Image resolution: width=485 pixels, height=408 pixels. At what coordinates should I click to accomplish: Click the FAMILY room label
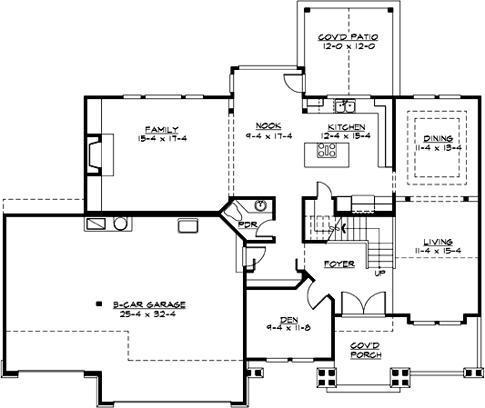pos(160,130)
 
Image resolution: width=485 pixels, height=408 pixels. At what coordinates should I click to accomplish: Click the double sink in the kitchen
pos(343,105)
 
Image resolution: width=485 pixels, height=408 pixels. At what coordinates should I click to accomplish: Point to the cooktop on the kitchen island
pos(324,153)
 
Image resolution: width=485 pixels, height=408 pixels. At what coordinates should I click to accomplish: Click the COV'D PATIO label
pos(342,37)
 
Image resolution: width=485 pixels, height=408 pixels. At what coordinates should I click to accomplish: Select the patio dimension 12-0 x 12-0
pos(342,46)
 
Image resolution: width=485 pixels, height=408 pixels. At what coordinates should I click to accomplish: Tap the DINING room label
pos(438,138)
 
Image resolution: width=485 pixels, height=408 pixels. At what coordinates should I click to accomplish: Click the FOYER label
pos(339,265)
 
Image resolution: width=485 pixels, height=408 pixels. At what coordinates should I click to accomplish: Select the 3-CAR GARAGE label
pos(139,304)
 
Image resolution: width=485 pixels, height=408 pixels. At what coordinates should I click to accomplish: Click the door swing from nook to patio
pos(290,83)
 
